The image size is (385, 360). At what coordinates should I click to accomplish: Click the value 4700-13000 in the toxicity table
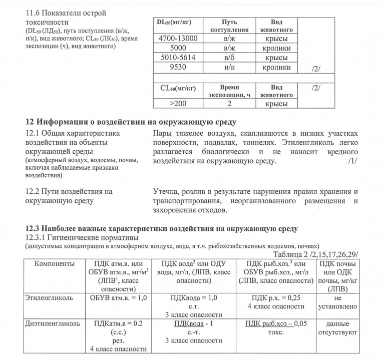(x=178, y=39)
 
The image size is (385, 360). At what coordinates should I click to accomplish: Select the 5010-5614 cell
(x=178, y=58)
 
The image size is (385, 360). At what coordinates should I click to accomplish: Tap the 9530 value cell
(x=178, y=67)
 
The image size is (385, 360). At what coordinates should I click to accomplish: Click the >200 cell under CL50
(x=178, y=104)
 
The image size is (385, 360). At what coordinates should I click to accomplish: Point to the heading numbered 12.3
(x=161, y=229)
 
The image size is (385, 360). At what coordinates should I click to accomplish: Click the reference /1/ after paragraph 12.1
(x=353, y=162)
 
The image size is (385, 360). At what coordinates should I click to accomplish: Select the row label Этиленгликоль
(x=49, y=297)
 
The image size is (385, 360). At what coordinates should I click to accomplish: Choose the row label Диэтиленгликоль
(x=52, y=323)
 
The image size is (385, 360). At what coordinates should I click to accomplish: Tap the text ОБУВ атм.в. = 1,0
(x=116, y=297)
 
